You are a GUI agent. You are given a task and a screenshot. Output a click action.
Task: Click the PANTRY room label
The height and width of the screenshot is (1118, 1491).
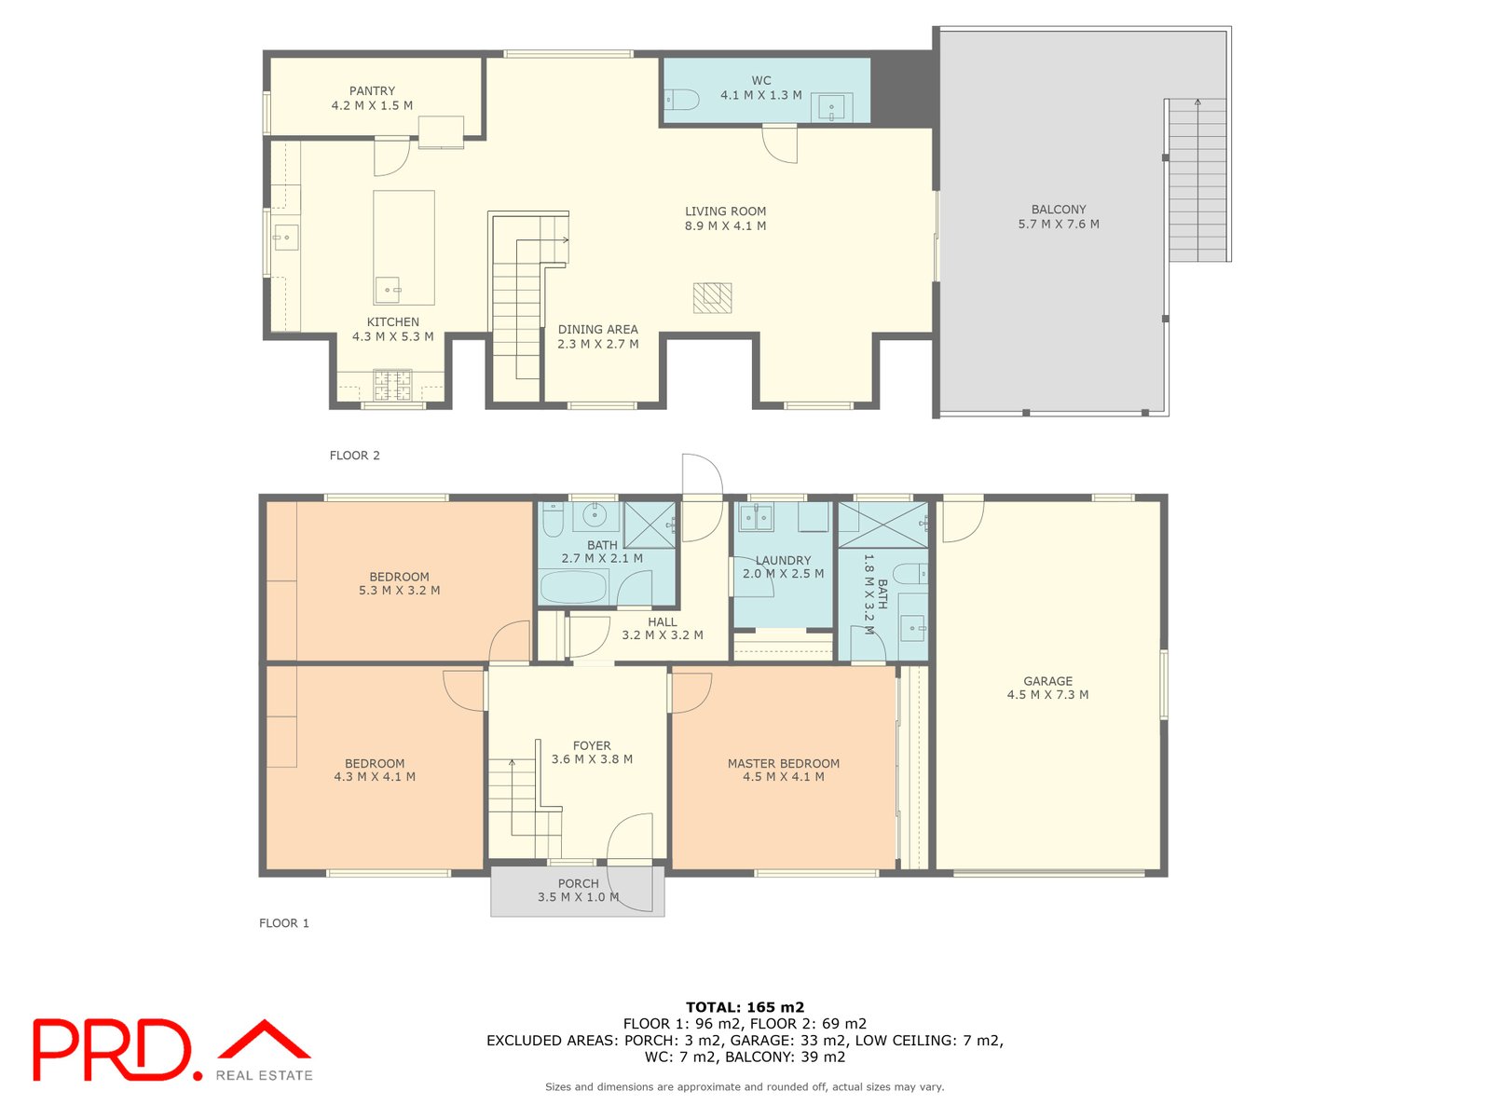(372, 98)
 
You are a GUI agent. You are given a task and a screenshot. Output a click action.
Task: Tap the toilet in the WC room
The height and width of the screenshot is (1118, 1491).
(681, 100)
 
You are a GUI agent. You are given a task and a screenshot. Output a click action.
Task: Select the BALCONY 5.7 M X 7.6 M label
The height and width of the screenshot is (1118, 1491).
(1059, 217)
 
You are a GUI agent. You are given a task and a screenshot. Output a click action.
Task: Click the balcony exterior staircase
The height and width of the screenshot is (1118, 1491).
(1197, 181)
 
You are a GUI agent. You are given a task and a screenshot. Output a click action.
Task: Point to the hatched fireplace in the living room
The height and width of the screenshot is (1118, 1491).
(712, 298)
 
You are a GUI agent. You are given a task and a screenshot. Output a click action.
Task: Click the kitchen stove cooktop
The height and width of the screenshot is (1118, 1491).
(392, 384)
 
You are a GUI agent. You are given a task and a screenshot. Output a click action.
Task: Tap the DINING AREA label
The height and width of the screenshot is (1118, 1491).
(598, 336)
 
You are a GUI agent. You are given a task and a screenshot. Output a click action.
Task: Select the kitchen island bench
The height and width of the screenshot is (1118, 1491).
(404, 248)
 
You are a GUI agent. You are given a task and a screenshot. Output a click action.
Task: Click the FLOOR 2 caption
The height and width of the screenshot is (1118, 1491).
(355, 456)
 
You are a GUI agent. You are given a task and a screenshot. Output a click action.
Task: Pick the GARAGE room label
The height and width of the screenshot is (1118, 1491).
(1047, 688)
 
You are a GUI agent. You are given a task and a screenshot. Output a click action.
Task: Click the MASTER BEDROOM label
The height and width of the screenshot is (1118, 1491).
(784, 770)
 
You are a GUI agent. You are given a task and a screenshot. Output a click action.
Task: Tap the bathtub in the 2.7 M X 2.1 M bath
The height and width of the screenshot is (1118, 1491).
(573, 588)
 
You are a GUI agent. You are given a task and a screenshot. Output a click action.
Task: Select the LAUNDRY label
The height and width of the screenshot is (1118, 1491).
(783, 567)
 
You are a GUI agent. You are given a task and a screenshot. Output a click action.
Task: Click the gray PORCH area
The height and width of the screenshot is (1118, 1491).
(578, 892)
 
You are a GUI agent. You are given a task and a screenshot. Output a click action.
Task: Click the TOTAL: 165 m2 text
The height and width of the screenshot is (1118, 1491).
(745, 1007)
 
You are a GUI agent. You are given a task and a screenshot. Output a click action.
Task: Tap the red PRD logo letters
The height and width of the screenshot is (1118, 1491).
(112, 1050)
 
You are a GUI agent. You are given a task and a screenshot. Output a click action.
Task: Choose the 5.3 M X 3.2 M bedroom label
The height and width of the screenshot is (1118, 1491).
(400, 583)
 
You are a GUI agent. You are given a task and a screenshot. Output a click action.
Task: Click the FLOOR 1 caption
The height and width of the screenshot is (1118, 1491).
(284, 923)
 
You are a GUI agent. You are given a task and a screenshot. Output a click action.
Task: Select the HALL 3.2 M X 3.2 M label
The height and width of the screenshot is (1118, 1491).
(663, 629)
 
